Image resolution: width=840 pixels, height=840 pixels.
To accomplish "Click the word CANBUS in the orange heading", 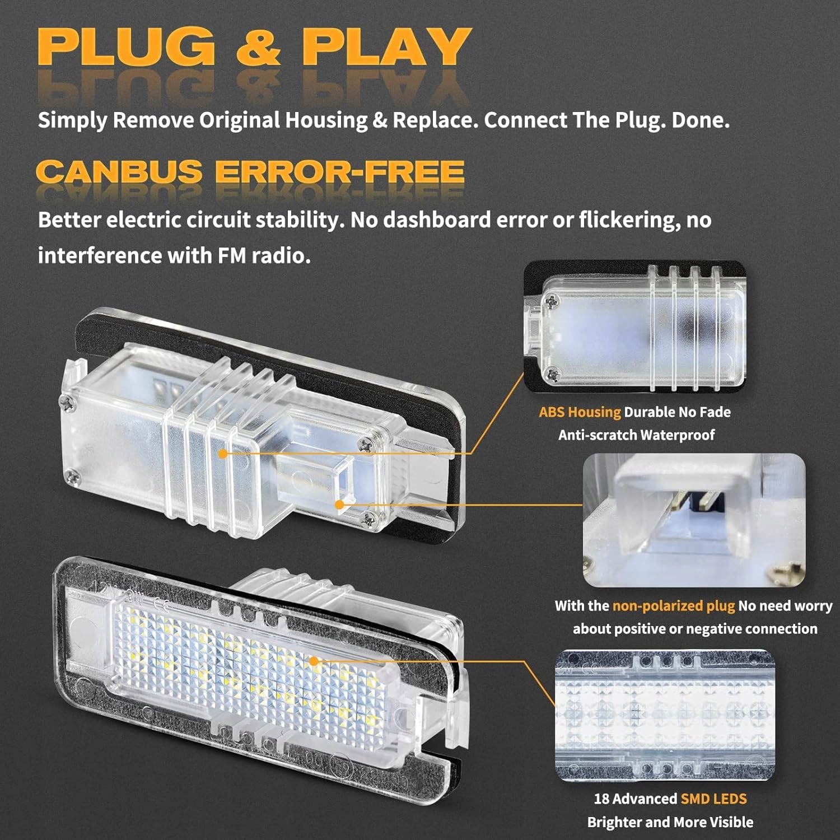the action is (x=119, y=171).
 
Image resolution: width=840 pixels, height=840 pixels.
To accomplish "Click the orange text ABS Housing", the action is (x=580, y=412).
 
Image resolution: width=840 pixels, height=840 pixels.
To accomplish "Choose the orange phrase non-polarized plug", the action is (x=673, y=606).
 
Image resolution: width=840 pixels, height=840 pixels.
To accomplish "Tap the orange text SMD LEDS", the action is (x=713, y=799).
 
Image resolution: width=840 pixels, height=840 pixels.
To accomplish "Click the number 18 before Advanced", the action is (x=601, y=799).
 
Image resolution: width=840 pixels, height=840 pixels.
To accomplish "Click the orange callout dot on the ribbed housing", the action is (x=223, y=454).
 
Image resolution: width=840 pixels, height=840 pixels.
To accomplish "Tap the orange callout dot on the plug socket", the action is (x=339, y=505).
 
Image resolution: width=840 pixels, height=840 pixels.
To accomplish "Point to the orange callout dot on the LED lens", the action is (x=314, y=661).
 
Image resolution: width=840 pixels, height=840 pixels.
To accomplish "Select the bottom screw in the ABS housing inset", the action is (x=553, y=372).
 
